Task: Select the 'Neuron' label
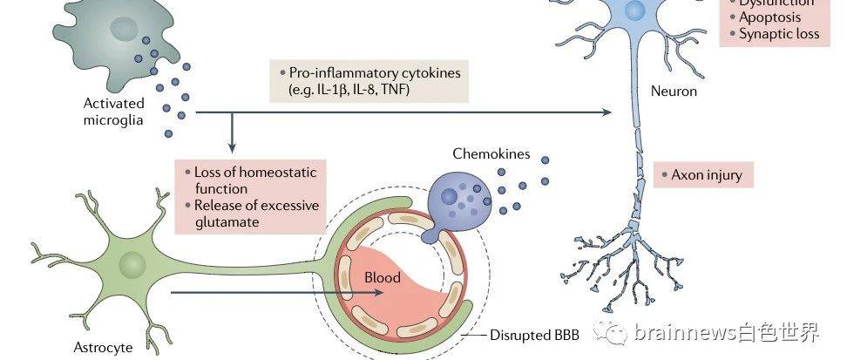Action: point(674,91)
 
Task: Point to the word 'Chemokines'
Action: point(491,153)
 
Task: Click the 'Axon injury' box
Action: point(703,175)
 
